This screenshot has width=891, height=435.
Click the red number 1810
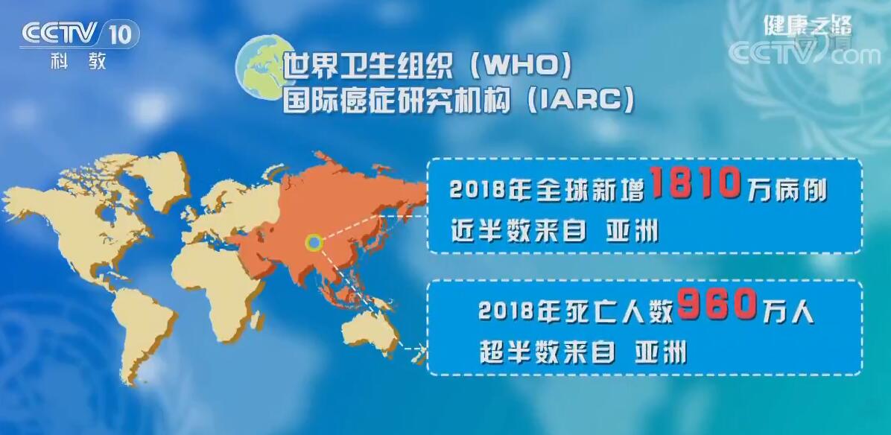[694, 184]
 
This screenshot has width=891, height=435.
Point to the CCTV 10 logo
[78, 34]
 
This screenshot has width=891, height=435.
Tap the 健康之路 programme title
[807, 27]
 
